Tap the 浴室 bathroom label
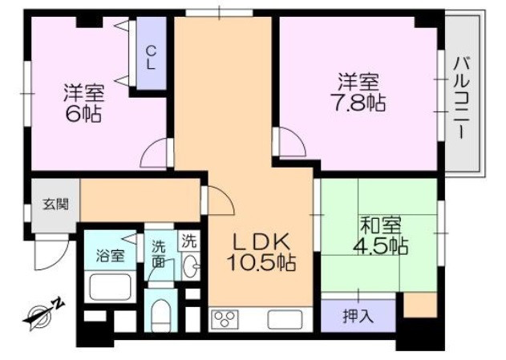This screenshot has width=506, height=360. tap(111, 256)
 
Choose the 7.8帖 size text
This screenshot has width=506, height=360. tap(358, 103)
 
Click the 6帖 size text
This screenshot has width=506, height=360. tap(83, 113)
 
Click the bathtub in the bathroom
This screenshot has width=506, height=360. tap(111, 286)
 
